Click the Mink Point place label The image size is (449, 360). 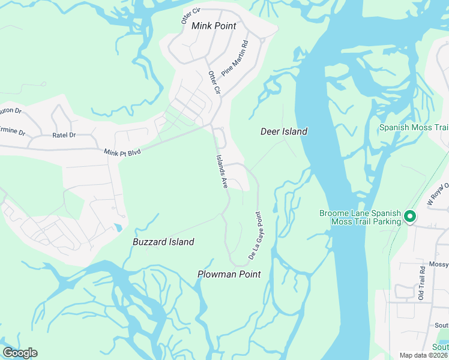(x=214, y=26)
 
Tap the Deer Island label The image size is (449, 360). (x=284, y=131)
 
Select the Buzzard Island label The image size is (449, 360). (x=163, y=242)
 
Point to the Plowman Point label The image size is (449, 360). (x=229, y=274)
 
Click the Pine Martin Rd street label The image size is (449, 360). (x=235, y=58)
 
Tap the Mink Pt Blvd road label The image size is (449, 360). (x=122, y=153)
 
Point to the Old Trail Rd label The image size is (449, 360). (x=422, y=284)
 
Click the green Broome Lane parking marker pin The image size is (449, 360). (x=410, y=216)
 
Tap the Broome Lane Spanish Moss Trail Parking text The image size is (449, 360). (x=360, y=217)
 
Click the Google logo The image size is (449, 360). (x=20, y=353)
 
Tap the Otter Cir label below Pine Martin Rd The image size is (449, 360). (x=215, y=82)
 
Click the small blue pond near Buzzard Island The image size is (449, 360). (x=118, y=227)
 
